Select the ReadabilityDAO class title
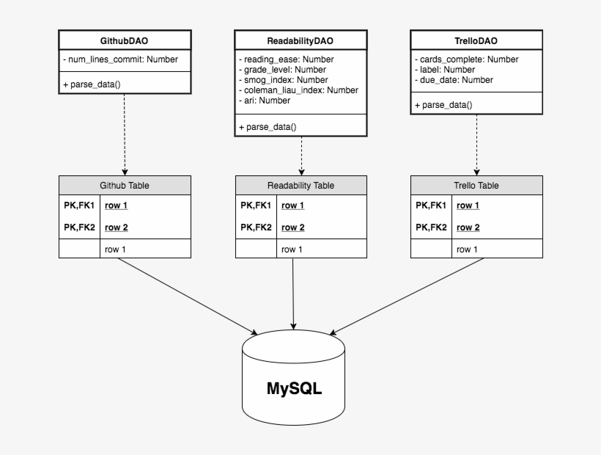click(300, 40)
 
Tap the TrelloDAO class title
click(476, 40)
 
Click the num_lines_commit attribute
click(120, 59)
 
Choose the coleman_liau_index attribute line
click(298, 90)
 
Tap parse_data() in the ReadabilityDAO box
click(268, 127)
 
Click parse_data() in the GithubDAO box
click(92, 84)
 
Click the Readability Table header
click(300, 186)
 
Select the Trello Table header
click(476, 186)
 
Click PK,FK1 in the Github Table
click(79, 205)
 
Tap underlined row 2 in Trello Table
click(468, 227)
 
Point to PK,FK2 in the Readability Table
click(256, 227)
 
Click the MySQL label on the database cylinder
click(293, 387)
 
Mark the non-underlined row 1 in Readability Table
click(291, 250)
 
